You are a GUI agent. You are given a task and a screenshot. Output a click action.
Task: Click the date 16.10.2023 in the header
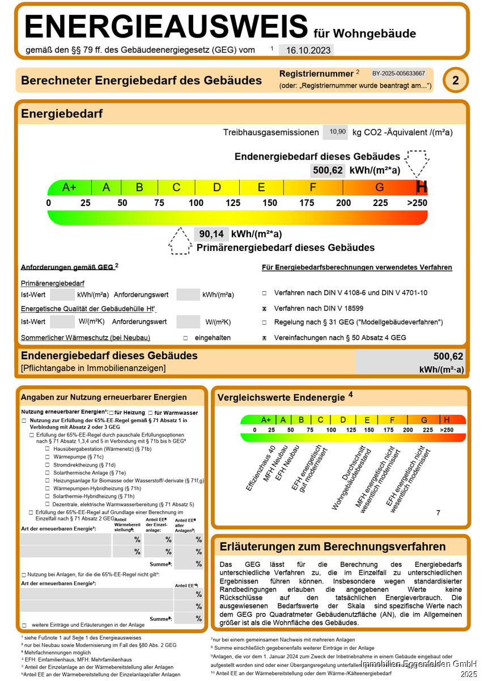[308, 50]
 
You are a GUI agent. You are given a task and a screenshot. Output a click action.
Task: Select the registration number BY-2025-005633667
[398, 74]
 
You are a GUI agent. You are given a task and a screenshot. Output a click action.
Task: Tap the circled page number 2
[456, 81]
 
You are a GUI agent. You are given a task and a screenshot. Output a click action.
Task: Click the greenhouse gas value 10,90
[334, 132]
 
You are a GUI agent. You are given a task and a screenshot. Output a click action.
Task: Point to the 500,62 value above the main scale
[328, 170]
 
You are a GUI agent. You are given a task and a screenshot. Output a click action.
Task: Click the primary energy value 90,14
[211, 234]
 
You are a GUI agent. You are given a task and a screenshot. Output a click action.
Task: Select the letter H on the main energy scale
[421, 187]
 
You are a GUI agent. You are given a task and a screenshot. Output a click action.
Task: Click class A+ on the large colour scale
[69, 187]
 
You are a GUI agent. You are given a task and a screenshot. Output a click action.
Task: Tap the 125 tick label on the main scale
[233, 203]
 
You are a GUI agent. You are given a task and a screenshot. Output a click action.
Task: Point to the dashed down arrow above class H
[418, 163]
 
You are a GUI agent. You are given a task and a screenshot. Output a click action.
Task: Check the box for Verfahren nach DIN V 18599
[264, 308]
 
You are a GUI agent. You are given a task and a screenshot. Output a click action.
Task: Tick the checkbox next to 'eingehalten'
[185, 338]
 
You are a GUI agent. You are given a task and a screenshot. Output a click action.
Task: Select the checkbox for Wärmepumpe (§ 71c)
[48, 456]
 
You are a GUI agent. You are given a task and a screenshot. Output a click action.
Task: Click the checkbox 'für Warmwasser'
[150, 413]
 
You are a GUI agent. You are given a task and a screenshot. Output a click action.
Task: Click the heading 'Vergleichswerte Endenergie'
[281, 398]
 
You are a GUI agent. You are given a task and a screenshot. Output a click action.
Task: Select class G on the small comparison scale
[424, 420]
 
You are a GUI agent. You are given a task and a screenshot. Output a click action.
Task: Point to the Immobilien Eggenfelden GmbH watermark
[419, 664]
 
